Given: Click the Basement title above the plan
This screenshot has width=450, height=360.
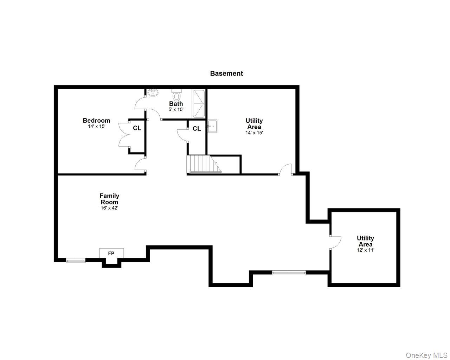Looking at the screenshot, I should coord(226,73).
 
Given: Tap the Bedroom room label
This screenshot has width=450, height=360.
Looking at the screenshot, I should coord(96,121).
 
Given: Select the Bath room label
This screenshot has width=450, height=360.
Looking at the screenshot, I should coord(176,104).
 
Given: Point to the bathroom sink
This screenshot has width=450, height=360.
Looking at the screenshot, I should coord(153,93).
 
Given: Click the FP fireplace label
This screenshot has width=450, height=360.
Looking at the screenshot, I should coord(111,253).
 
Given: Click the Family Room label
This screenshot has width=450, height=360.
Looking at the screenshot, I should coord(109,199).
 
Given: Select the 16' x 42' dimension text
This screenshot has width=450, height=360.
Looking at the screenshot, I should coord(109,208).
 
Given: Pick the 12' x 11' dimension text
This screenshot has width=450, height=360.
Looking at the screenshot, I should coord(365,250).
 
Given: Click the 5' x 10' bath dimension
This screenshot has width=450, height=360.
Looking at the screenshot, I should coord(176,109).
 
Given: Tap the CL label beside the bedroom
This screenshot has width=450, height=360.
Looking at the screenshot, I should coord(137,128).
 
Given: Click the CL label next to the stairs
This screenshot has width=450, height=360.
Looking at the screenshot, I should coord(197,129).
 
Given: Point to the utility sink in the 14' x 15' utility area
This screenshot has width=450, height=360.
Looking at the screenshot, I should coord(212,126).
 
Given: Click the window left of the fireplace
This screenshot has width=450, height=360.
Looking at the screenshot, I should coord(76,261).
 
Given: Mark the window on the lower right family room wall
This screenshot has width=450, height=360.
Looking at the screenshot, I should coord(289,272).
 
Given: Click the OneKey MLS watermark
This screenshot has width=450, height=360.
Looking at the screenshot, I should coord(426,355).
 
